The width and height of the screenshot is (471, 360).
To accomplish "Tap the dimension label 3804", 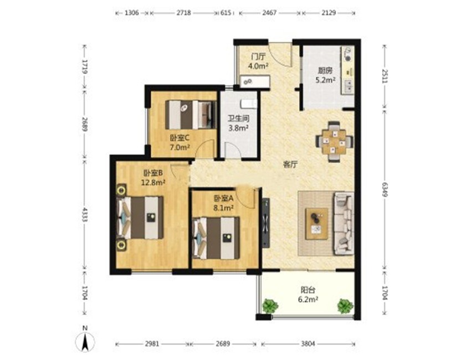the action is [x=308, y=344].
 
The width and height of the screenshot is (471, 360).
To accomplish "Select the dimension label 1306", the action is [x=132, y=13].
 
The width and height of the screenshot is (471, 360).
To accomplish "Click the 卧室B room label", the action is [x=153, y=173].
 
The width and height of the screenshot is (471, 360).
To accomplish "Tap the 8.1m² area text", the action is [x=223, y=208].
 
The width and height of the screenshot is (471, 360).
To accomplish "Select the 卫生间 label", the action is [x=238, y=119].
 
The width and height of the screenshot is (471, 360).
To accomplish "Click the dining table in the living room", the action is [x=334, y=141].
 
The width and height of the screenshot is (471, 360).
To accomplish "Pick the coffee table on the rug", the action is [x=316, y=224].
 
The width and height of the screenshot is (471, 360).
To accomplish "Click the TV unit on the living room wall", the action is [x=265, y=223].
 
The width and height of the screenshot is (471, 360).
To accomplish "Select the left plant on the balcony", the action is [x=270, y=306].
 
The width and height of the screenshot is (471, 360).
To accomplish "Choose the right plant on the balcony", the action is [x=345, y=306].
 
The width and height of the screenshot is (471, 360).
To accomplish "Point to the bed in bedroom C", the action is [x=191, y=115].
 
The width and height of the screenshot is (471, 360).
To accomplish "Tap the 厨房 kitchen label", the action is [x=325, y=71].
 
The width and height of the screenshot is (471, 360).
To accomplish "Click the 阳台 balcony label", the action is [x=308, y=290].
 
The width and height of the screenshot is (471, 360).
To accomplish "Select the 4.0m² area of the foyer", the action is [x=258, y=65].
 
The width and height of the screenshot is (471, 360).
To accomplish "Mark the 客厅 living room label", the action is [x=290, y=164].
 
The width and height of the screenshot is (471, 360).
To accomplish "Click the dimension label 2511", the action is [x=385, y=76].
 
